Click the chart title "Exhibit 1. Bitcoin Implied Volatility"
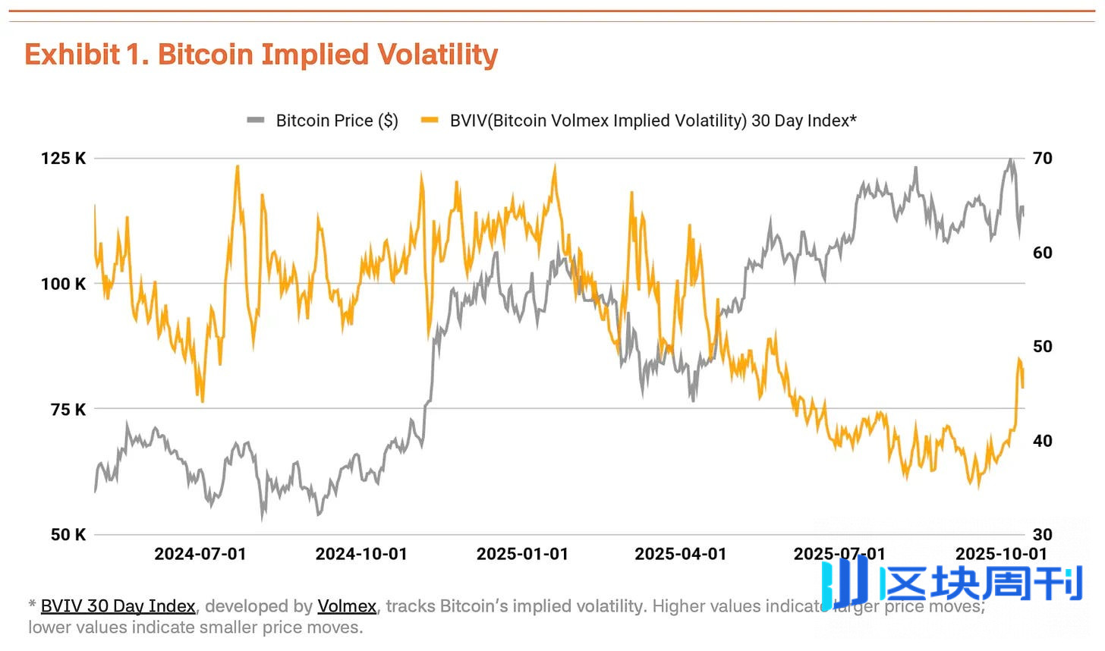click(x=261, y=55)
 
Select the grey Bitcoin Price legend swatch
click(x=256, y=120)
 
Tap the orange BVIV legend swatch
click(x=430, y=120)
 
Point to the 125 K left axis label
click(x=63, y=158)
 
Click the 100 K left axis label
click(x=63, y=284)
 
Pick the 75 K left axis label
click(x=68, y=410)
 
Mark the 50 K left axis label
click(x=68, y=535)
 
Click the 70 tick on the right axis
click(x=1043, y=158)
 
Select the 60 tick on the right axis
click(x=1043, y=253)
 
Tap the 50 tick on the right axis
click(x=1043, y=346)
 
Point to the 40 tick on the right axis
click(x=1043, y=441)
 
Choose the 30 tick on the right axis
click(x=1043, y=535)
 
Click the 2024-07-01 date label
click(x=200, y=554)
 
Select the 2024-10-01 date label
click(x=361, y=554)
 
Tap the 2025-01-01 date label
click(x=522, y=554)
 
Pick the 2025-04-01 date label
click(x=681, y=554)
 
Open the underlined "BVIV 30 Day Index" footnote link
click(x=118, y=606)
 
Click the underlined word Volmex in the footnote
click(x=347, y=606)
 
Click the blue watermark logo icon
click(x=845, y=583)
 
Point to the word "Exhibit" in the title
click(x=72, y=55)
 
